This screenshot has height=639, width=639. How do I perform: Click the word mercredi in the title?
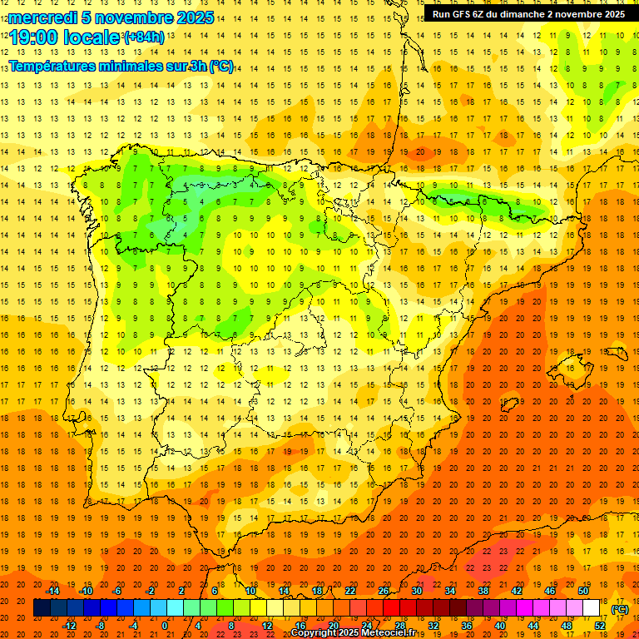coord(43,17)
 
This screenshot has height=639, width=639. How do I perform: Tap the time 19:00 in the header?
coord(34,37)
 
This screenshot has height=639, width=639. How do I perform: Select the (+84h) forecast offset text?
coord(143,37)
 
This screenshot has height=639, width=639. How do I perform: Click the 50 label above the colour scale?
coord(583,591)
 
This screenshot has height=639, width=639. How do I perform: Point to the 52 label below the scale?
coord(600,625)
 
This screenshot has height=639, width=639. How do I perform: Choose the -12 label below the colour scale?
coord(69,625)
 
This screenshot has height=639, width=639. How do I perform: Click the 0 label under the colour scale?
coord(165,625)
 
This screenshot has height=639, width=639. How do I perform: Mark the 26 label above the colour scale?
coord(384,591)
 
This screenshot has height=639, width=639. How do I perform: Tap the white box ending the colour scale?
coord(592,608)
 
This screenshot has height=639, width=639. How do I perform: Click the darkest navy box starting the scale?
coord(42,608)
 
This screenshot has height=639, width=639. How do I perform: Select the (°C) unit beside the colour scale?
coord(619,608)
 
